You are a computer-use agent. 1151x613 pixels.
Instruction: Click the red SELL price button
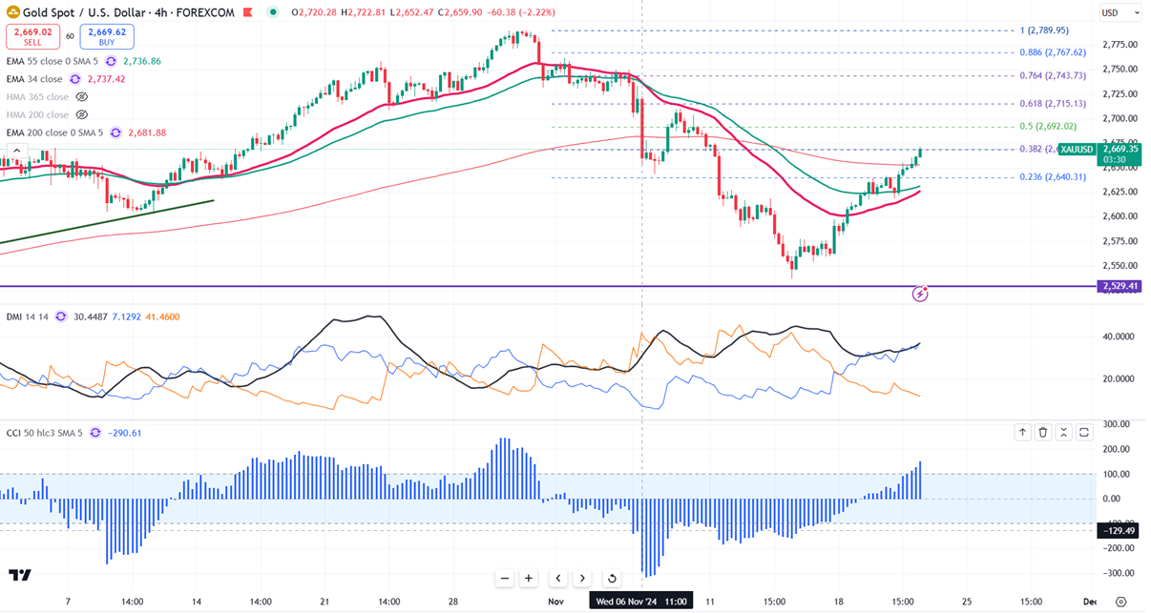point(31,37)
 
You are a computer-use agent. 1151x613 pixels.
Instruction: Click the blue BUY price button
point(107,37)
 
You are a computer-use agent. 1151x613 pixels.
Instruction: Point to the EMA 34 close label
point(34,79)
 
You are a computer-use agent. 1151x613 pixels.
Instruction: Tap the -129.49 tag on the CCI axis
point(1119,530)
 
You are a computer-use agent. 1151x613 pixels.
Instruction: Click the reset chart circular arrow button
point(612,578)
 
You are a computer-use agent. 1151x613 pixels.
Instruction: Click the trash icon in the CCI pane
point(1043,433)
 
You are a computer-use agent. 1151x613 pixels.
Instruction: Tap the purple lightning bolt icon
point(920,295)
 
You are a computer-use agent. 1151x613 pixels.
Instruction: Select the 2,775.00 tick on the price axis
point(1118,45)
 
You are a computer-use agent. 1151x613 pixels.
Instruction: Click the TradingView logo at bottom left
point(19,575)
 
